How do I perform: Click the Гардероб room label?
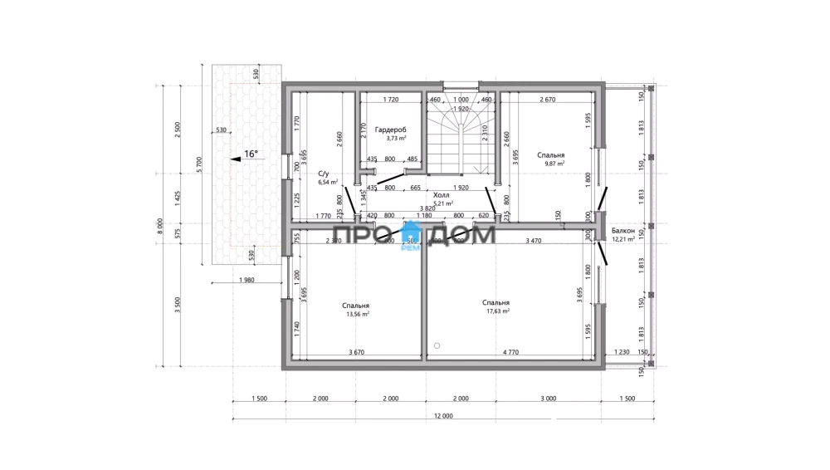(390, 130)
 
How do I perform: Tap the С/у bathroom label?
(324, 173)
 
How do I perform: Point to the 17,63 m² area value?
(497, 311)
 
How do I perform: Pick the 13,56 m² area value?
(356, 314)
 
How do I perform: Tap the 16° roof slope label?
(251, 154)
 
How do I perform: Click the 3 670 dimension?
(355, 353)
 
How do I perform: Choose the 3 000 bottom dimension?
(548, 399)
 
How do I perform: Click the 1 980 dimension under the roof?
(246, 280)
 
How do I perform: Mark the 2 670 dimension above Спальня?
(547, 100)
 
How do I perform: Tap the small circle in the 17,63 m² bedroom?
(437, 344)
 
